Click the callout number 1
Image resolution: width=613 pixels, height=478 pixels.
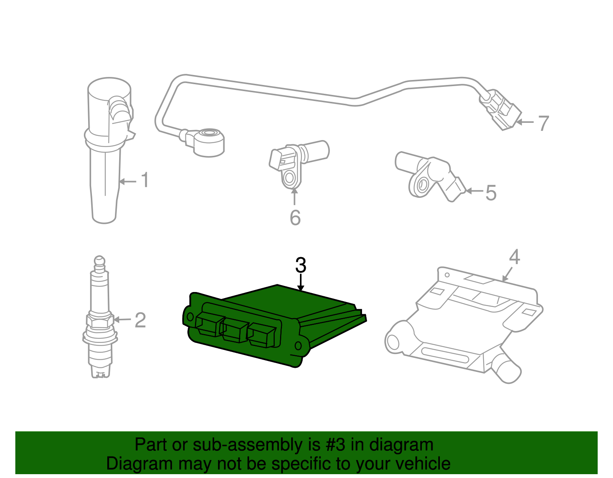144,180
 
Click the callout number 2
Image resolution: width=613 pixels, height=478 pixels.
140,320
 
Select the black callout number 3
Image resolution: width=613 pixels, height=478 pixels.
301,265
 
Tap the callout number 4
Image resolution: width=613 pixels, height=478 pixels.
514,257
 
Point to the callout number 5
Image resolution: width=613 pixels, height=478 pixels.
491,193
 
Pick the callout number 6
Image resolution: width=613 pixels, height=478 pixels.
295,217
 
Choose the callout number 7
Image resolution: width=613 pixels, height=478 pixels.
543,123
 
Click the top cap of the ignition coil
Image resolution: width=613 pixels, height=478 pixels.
109,87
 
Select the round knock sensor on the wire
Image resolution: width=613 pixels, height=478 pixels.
209,140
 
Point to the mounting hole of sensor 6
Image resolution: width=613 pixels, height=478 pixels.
289,178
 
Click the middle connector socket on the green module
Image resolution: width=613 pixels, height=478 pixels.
235,330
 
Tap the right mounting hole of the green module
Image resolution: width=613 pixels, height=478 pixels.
298,346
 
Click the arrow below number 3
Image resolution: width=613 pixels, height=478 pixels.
301,283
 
